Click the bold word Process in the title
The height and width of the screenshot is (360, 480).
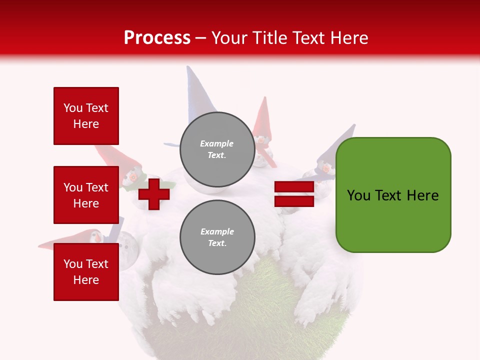(x=157, y=38)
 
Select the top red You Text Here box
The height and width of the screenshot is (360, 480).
(x=86, y=116)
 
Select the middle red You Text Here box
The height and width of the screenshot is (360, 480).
(x=86, y=195)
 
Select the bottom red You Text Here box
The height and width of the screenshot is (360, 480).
(x=86, y=271)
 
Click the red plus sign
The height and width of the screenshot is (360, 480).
(x=154, y=194)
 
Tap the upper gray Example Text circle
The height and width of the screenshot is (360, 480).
(x=217, y=149)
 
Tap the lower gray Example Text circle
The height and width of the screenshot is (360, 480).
(x=217, y=237)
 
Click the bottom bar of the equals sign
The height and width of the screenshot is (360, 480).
(x=294, y=201)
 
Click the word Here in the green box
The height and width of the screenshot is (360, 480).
(x=422, y=195)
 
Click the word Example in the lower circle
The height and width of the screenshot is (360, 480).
(x=217, y=231)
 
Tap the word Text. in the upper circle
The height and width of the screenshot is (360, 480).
(x=217, y=155)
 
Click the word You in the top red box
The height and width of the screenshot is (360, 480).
(x=72, y=108)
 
